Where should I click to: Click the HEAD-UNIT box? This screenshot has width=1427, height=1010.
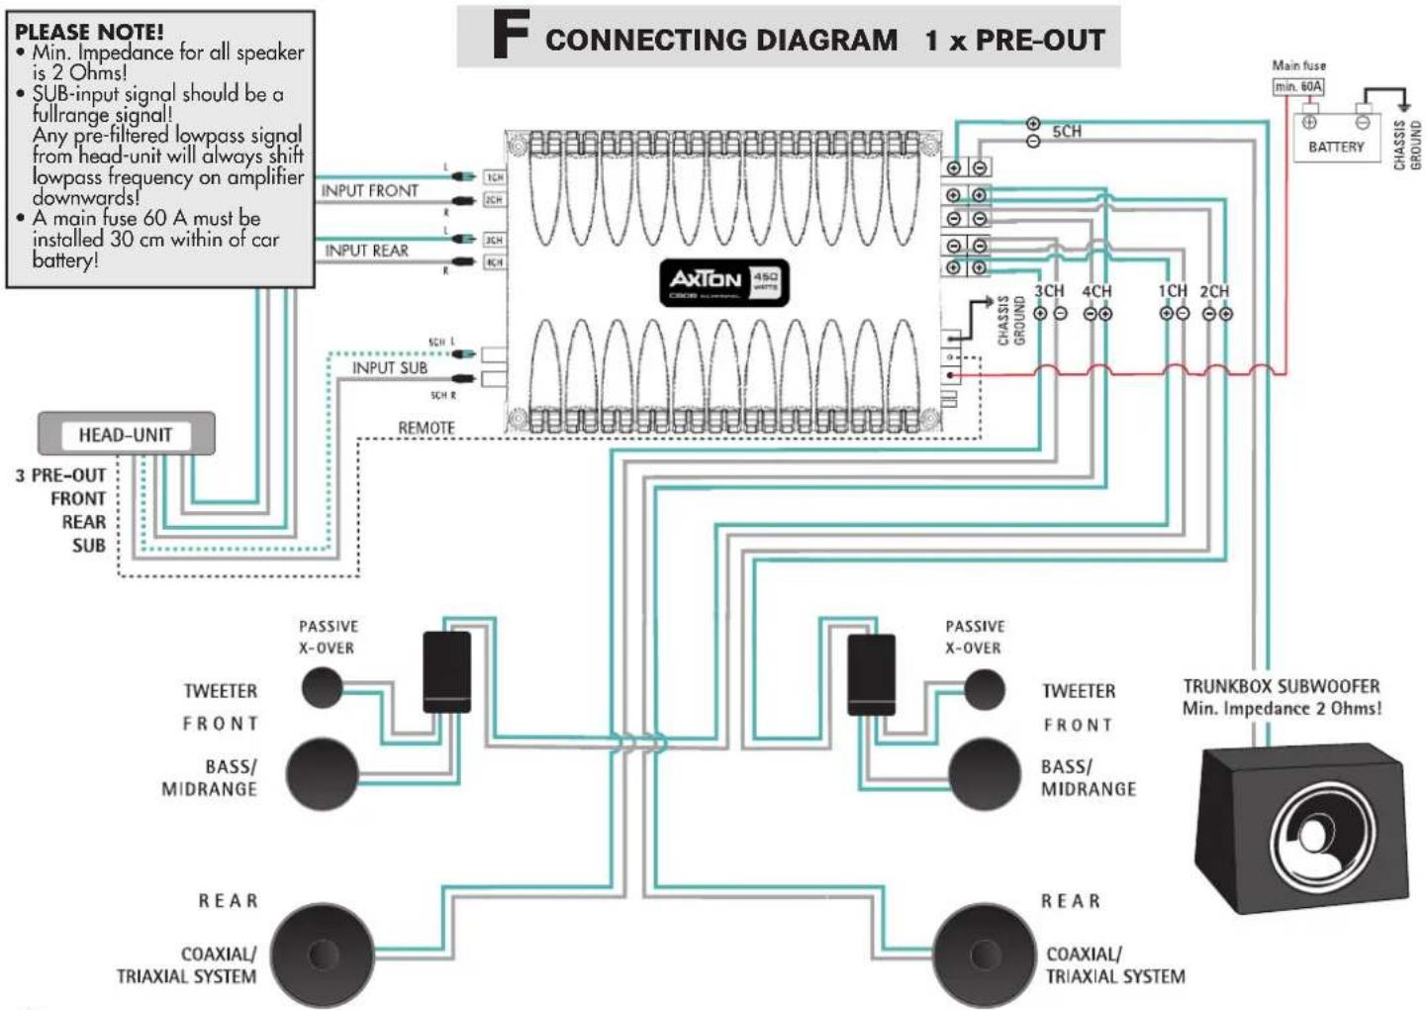tap(126, 434)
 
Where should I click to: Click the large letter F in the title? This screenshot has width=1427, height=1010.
tap(511, 37)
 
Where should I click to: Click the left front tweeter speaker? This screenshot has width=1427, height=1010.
tap(322, 687)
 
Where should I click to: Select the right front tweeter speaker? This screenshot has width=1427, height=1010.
tap(984, 689)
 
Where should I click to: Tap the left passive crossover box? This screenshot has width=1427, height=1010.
tap(446, 672)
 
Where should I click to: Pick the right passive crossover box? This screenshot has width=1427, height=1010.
tap(872, 674)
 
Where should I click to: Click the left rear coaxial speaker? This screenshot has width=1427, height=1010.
tap(323, 955)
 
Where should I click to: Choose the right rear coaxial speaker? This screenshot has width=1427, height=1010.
tap(984, 955)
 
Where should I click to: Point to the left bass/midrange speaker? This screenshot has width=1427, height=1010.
tap(323, 773)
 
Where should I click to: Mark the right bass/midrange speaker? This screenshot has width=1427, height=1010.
tap(984, 774)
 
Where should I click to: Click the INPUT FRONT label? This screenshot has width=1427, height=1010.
tap(369, 190)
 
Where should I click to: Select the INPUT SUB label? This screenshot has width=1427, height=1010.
tap(390, 367)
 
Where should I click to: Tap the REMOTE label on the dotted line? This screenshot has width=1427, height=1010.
tap(427, 428)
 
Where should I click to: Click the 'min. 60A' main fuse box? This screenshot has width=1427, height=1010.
tap(1297, 87)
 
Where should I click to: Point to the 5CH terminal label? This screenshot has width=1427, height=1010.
tap(1067, 132)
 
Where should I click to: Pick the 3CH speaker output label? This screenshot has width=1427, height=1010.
tap(1049, 291)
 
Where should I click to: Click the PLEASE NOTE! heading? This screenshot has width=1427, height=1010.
tap(89, 31)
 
